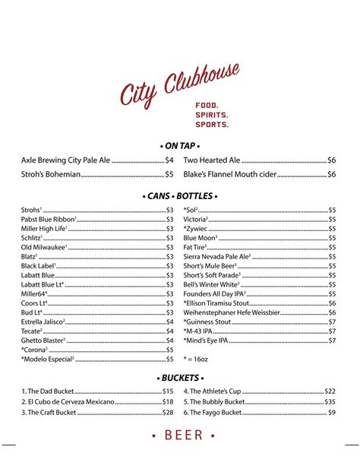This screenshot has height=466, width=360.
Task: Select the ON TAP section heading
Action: tap(180, 145)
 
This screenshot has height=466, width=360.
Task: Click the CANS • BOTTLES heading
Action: tap(180, 195)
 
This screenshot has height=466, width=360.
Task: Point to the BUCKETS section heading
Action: tap(180, 377)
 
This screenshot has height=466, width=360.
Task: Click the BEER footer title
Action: tap(180, 436)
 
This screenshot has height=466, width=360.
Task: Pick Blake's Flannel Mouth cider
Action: tap(230, 174)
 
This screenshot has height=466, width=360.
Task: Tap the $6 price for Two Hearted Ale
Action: tap(331, 160)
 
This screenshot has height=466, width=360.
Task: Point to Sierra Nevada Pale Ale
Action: tap(217, 257)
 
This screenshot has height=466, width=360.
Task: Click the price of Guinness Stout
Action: tap(332, 322)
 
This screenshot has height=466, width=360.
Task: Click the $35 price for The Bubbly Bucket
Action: tap(330, 401)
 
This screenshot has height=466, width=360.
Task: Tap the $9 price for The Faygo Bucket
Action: tap(332, 412)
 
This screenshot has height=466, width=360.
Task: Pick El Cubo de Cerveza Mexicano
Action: tap(68, 401)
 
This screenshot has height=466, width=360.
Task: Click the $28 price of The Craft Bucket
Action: tap(168, 412)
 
